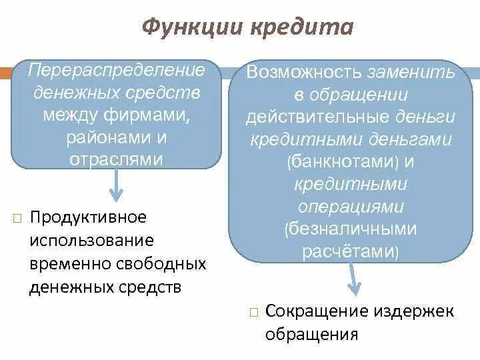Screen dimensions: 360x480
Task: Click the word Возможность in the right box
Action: pos(304,72)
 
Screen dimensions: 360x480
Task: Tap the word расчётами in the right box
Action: pos(341,253)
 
